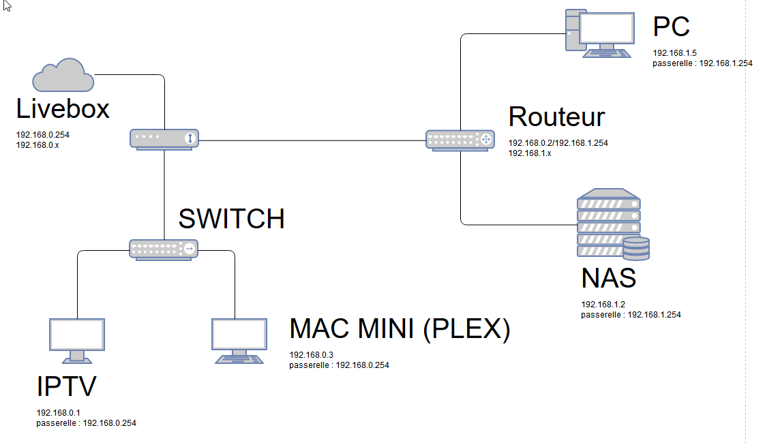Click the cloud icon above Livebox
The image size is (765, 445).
tap(63, 75)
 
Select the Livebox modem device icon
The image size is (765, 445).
tap(164, 140)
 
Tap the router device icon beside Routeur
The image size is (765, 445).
tap(460, 140)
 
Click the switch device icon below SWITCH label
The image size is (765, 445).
tap(164, 249)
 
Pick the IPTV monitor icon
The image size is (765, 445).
tap(77, 341)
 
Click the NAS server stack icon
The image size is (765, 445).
tap(613, 224)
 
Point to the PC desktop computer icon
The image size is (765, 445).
tap(600, 33)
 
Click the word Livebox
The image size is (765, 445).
tap(63, 108)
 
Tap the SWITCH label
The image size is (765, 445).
tap(231, 218)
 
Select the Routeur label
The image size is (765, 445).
tap(556, 117)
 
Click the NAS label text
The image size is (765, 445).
tap(609, 278)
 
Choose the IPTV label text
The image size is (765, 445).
tap(66, 386)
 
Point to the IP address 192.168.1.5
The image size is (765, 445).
tap(675, 52)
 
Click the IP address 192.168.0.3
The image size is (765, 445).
tap(312, 355)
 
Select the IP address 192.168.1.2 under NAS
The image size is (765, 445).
tap(603, 304)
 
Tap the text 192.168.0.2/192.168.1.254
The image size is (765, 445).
tap(558, 143)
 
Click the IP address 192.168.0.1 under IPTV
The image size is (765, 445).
tap(58, 412)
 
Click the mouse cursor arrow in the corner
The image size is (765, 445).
tap(7, 6)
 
